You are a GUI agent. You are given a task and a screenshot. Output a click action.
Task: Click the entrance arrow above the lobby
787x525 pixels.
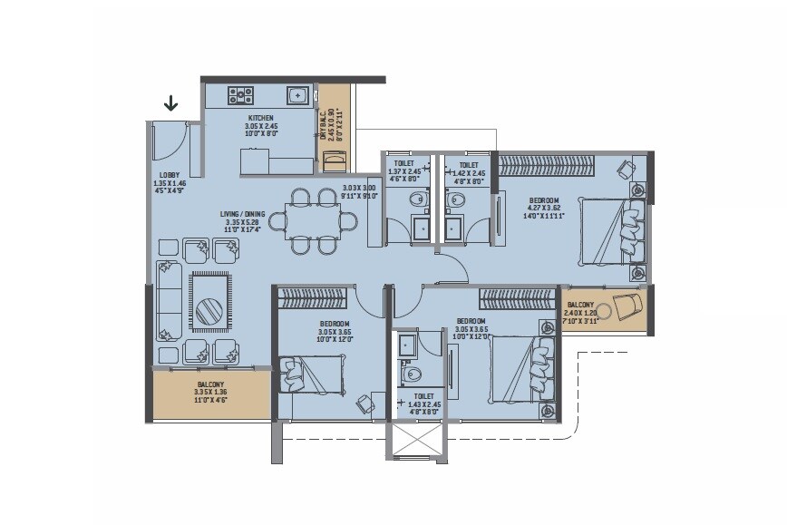tap(170, 103)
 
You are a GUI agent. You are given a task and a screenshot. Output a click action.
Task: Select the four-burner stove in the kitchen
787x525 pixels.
tap(240, 94)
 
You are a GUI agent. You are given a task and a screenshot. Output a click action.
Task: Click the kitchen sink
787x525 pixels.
tap(297, 94)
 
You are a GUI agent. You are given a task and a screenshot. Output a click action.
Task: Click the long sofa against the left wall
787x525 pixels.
tap(167, 300)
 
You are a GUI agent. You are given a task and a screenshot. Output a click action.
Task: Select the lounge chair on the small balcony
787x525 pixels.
tap(627, 306)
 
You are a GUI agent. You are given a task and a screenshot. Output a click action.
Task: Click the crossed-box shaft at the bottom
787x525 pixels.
tap(415, 438)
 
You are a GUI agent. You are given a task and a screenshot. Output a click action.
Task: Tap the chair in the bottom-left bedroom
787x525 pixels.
tap(364, 402)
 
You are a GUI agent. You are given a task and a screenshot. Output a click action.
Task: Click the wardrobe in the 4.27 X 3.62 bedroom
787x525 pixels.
tap(548, 166)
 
